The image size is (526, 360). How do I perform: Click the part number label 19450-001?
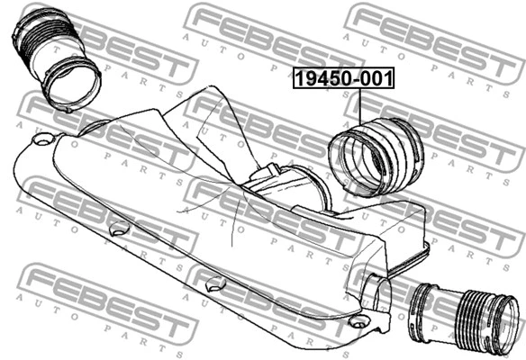coord(343,78)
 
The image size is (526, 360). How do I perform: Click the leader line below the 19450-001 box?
coord(360,106)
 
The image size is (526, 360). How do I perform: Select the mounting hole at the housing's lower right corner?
coord(358,322)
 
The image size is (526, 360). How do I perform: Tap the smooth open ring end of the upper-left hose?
coord(72,85)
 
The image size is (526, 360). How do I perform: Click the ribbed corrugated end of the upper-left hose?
coord(41,34)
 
